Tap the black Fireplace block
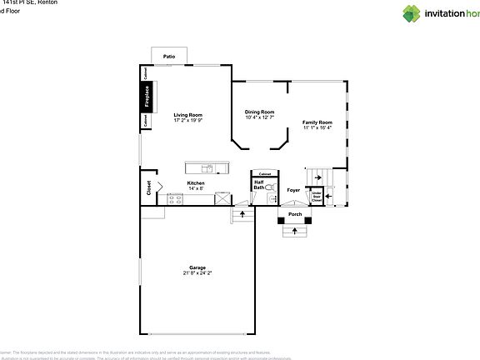(x=146, y=97)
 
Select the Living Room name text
(x=187, y=115)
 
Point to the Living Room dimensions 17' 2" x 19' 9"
(x=187, y=121)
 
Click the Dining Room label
(x=259, y=112)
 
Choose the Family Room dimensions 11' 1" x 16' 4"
(x=317, y=127)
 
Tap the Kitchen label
(x=196, y=183)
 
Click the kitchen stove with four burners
(x=175, y=198)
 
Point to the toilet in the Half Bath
(x=269, y=188)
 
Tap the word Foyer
(x=293, y=190)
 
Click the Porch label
(x=295, y=214)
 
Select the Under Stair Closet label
(x=317, y=197)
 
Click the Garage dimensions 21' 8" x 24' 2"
(x=197, y=272)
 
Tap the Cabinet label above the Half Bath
(x=266, y=172)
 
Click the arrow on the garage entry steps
(x=242, y=215)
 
